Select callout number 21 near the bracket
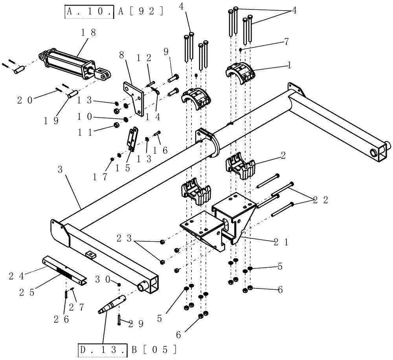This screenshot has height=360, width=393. pyautogui.click(x=281, y=242)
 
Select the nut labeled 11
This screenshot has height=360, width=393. pyautogui.click(x=117, y=125)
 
